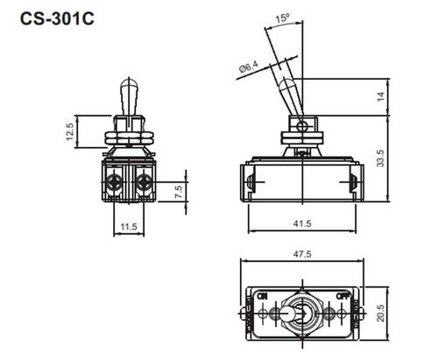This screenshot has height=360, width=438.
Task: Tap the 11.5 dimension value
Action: pyautogui.click(x=129, y=227)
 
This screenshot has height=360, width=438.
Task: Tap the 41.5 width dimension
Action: pyautogui.click(x=301, y=225)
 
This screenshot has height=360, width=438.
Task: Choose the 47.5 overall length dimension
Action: pyautogui.click(x=301, y=255)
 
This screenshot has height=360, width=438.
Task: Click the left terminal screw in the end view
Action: pyautogui.click(x=115, y=183)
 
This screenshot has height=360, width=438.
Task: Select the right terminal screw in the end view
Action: pyautogui.click(x=143, y=183)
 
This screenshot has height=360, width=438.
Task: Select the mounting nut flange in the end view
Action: pyautogui.click(x=129, y=137)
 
